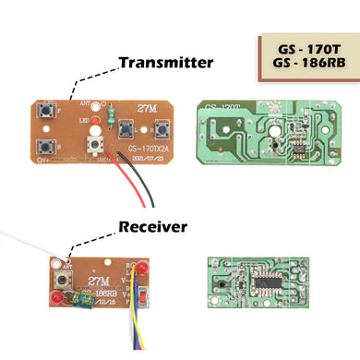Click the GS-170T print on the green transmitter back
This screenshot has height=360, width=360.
[x=222, y=109]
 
